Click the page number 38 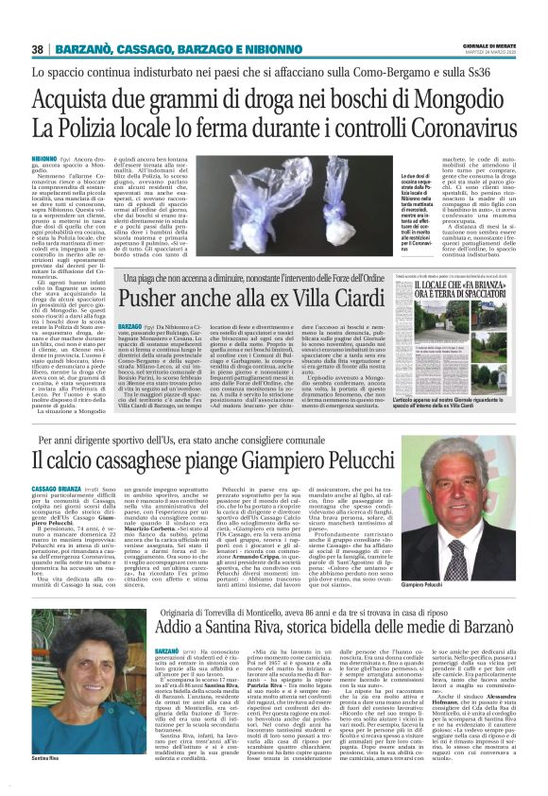click(38, 49)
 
